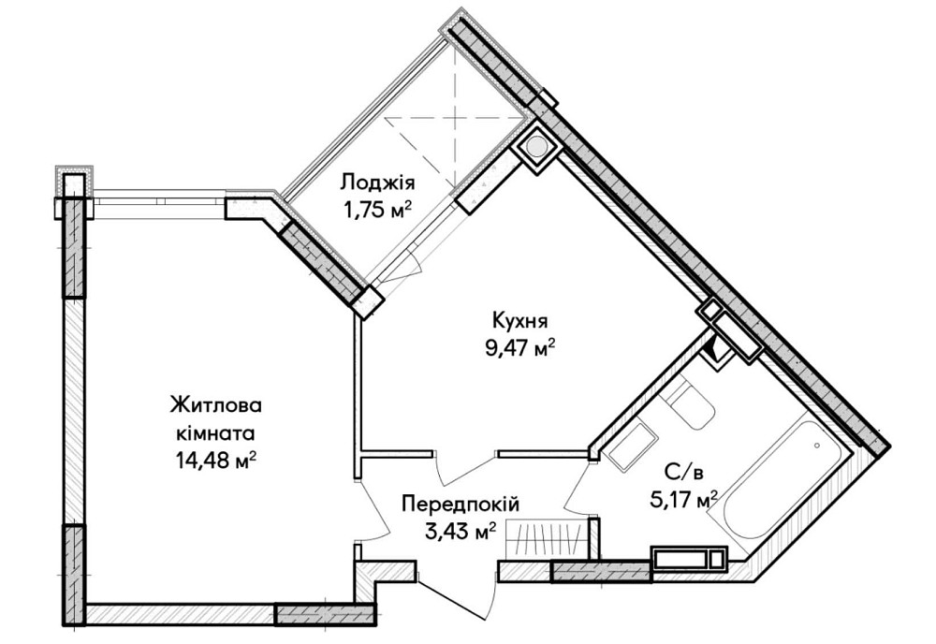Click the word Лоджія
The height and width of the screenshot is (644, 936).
(377, 182)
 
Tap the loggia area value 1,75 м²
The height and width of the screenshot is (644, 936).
(376, 209)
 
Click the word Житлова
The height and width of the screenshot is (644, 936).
(216, 406)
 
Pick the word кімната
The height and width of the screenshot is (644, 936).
(216, 433)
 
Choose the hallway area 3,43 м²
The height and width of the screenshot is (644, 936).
(460, 533)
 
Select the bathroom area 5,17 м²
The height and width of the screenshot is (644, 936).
(684, 498)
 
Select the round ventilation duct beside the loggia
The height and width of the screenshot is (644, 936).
(537, 147)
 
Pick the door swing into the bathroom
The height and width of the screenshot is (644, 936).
(578, 487)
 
